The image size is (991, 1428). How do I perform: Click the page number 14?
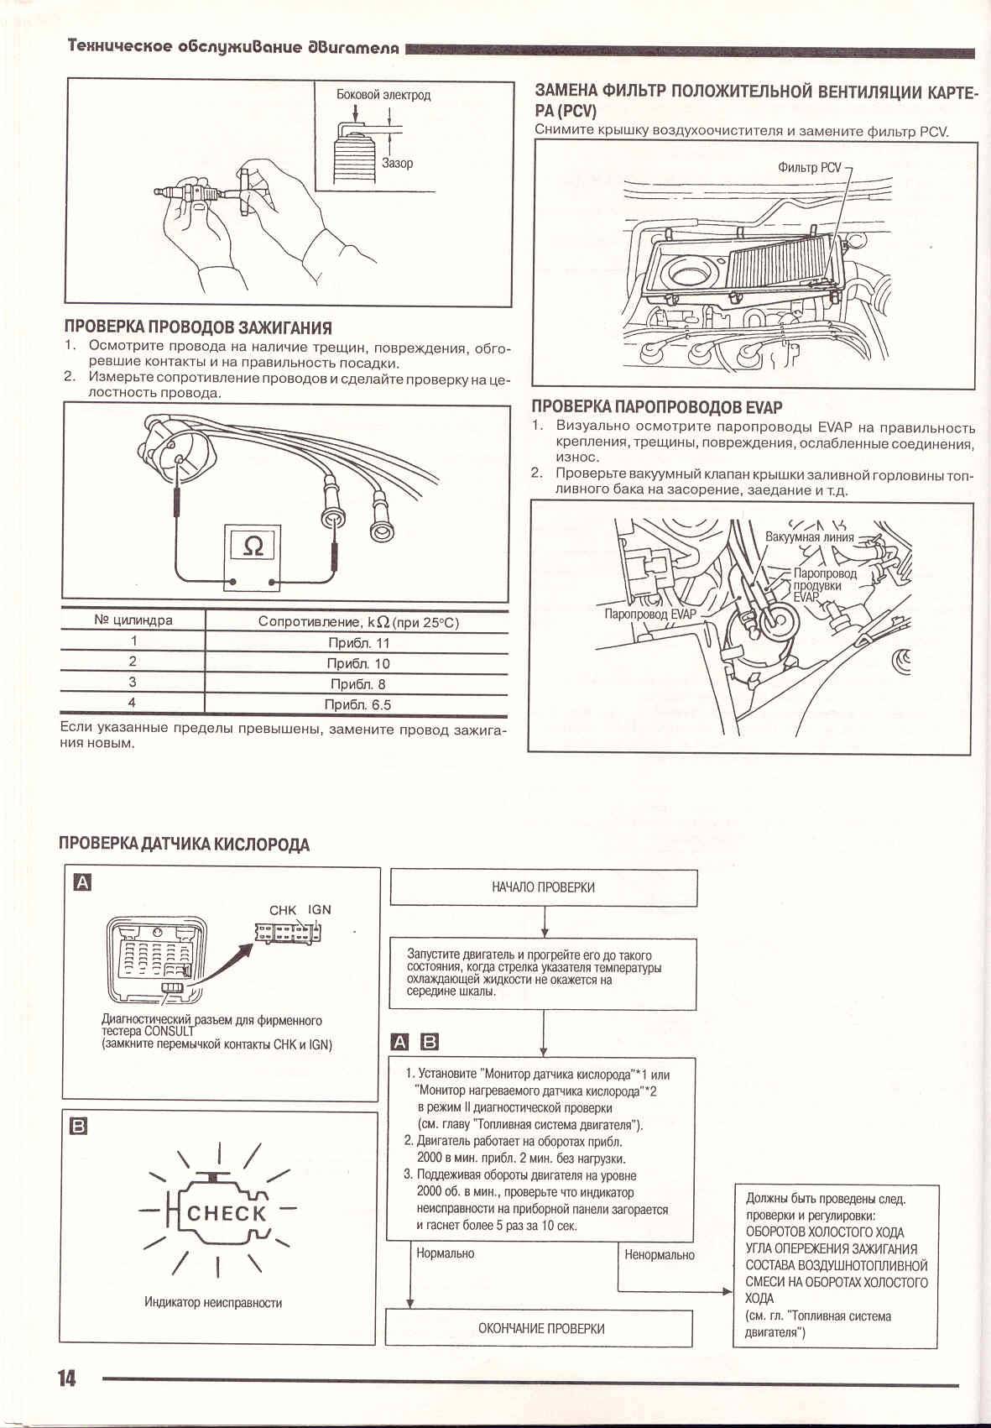pyautogui.click(x=66, y=1378)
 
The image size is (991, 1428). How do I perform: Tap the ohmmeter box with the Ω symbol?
pyautogui.click(x=253, y=548)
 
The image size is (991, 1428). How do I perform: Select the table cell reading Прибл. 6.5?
pyautogui.click(x=357, y=705)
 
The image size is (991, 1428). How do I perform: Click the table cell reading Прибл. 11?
pyautogui.click(x=358, y=643)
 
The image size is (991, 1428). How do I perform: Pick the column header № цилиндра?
pyautogui.click(x=133, y=620)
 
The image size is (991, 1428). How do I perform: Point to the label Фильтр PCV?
pyautogui.click(x=809, y=167)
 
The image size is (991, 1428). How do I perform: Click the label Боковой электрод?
pyautogui.click(x=383, y=95)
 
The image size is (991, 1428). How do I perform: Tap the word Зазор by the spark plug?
pyautogui.click(x=397, y=163)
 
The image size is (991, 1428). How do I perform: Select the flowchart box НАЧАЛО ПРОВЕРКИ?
pyautogui.click(x=543, y=887)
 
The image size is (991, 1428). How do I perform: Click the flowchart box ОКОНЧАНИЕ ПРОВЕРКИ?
pyautogui.click(x=540, y=1328)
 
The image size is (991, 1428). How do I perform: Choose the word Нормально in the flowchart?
pyautogui.click(x=446, y=1253)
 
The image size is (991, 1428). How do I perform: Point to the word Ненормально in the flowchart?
pyautogui.click(x=660, y=1255)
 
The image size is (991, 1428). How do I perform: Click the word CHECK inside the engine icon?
pyautogui.click(x=227, y=1213)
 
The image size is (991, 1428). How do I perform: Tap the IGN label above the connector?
pyautogui.click(x=320, y=909)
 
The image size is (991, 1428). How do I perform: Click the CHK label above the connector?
pyautogui.click(x=283, y=909)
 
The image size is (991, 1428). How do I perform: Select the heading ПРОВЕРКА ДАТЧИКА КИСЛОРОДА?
pyautogui.click(x=184, y=845)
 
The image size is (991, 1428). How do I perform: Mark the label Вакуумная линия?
pyautogui.click(x=809, y=537)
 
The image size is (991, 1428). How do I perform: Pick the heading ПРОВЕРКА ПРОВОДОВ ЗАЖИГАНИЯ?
pyautogui.click(x=198, y=327)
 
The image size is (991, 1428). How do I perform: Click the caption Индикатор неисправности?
pyautogui.click(x=213, y=1303)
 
